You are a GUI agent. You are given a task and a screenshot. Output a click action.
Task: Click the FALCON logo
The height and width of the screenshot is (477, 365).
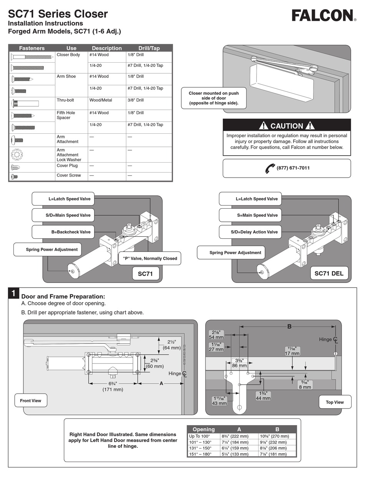coord(322,16)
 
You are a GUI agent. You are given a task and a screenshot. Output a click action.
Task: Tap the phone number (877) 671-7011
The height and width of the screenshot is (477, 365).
coord(293,168)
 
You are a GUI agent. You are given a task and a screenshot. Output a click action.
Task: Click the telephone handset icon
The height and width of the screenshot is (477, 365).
coord(270,168)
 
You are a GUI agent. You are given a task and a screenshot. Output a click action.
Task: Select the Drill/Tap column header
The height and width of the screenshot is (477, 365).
coord(149,48)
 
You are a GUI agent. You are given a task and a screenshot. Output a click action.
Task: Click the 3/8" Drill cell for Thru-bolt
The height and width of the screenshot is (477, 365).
coord(136,100)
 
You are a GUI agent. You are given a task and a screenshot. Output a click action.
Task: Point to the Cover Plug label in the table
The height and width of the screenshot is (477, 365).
coord(67,166)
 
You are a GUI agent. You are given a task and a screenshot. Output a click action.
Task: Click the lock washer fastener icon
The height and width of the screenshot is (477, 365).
coord(17,155)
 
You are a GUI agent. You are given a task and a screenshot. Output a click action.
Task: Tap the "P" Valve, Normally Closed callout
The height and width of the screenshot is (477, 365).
coord(150,258)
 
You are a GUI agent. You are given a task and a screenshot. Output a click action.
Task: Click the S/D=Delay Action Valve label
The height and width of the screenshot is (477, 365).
coord(254,232)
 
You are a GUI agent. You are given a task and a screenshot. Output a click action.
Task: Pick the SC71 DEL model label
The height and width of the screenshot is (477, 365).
coord(329,274)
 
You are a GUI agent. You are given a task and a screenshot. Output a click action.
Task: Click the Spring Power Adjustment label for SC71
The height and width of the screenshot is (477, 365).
coord(51,249)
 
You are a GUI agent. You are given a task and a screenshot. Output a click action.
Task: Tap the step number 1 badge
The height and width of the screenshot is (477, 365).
coord(13,294)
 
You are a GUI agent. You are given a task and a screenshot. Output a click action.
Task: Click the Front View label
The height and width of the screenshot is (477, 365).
coord(31,401)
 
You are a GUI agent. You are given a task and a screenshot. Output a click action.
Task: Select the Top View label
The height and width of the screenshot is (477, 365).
coord(335,402)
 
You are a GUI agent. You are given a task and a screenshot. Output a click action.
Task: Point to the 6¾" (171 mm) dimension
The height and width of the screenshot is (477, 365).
coord(113,387)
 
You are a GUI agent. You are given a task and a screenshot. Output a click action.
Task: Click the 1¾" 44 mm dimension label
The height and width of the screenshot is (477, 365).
coord(263,396)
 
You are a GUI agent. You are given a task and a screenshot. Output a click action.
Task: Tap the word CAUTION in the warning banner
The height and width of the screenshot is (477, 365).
coord(287,126)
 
